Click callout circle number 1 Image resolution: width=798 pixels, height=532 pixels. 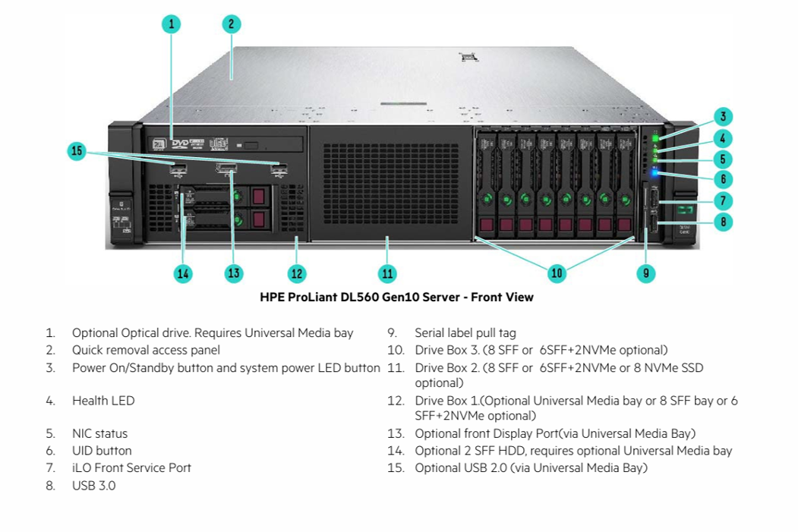172,24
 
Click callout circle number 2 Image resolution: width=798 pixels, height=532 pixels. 232,24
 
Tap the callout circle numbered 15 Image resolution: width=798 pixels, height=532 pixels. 77,151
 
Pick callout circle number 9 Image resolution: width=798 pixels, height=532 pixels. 645,273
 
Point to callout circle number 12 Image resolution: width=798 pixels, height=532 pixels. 297,273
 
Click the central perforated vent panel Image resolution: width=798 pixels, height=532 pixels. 389,182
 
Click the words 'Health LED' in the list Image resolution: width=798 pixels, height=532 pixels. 103,401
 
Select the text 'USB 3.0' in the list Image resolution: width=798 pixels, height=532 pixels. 94,486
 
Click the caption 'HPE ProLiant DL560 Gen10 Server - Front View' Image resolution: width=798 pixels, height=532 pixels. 396,297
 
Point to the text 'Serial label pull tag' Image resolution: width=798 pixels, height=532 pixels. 465,333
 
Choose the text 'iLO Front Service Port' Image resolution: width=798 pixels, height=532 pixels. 131,468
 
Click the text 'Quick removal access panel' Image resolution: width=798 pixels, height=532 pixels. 146,350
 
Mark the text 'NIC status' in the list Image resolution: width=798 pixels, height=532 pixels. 99,434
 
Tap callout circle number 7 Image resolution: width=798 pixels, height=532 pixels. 724,201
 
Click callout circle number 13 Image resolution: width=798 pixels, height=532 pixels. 234,273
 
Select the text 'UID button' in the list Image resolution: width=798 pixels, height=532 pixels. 102,451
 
